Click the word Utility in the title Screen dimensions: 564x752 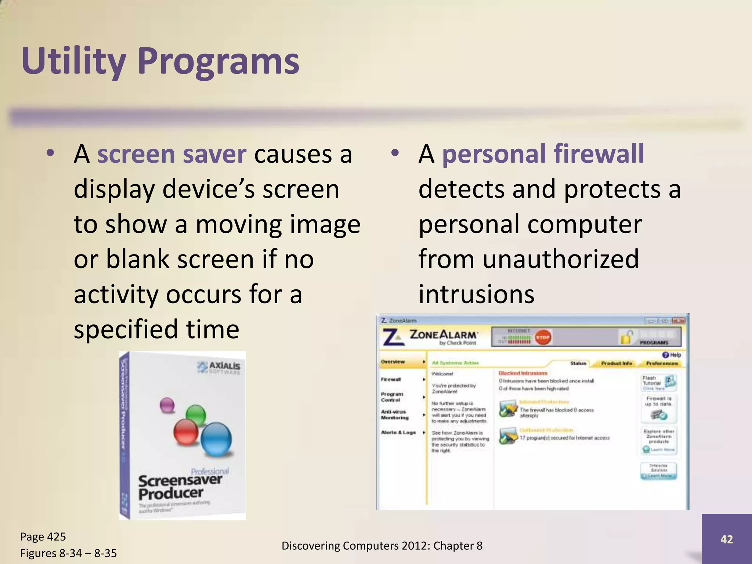pyautogui.click(x=73, y=62)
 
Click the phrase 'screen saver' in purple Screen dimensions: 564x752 pyautogui.click(x=171, y=154)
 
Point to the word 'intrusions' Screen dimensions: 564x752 pyautogui.click(x=476, y=294)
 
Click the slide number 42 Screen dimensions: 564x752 pyautogui.click(x=726, y=539)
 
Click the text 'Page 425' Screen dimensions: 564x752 pyautogui.click(x=43, y=537)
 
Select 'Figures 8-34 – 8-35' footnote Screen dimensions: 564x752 pyautogui.click(x=68, y=553)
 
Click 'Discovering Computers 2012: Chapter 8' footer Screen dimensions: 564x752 pyautogui.click(x=382, y=546)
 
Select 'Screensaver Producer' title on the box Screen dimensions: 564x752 pyautogui.click(x=180, y=487)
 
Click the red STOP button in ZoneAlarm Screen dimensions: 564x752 pyautogui.click(x=542, y=337)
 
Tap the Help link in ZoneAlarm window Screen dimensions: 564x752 pyautogui.click(x=672, y=355)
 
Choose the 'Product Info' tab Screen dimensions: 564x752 pyautogui.click(x=617, y=363)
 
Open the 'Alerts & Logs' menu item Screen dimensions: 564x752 pyautogui.click(x=398, y=433)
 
